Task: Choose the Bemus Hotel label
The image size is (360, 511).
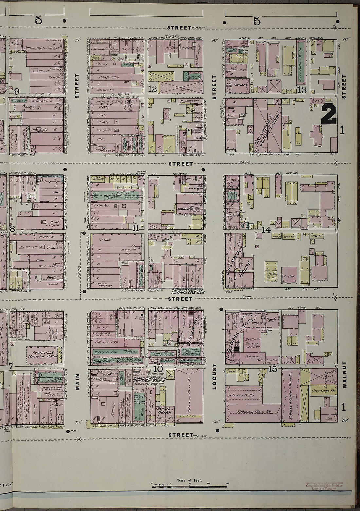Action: pos(166,411)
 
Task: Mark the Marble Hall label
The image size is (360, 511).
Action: pos(102,361)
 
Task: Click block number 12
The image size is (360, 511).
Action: pos(153,89)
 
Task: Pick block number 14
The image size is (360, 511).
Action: pos(266,230)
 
